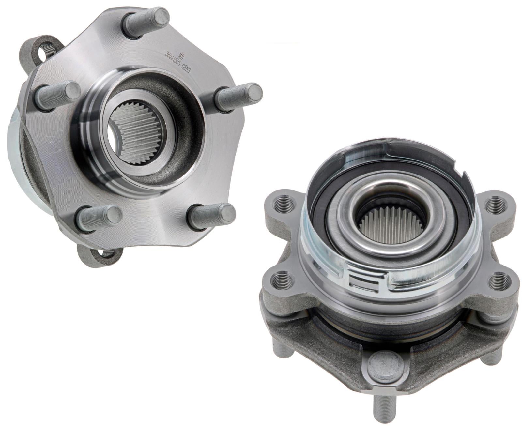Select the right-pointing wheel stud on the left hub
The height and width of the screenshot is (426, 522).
coord(239,95)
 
